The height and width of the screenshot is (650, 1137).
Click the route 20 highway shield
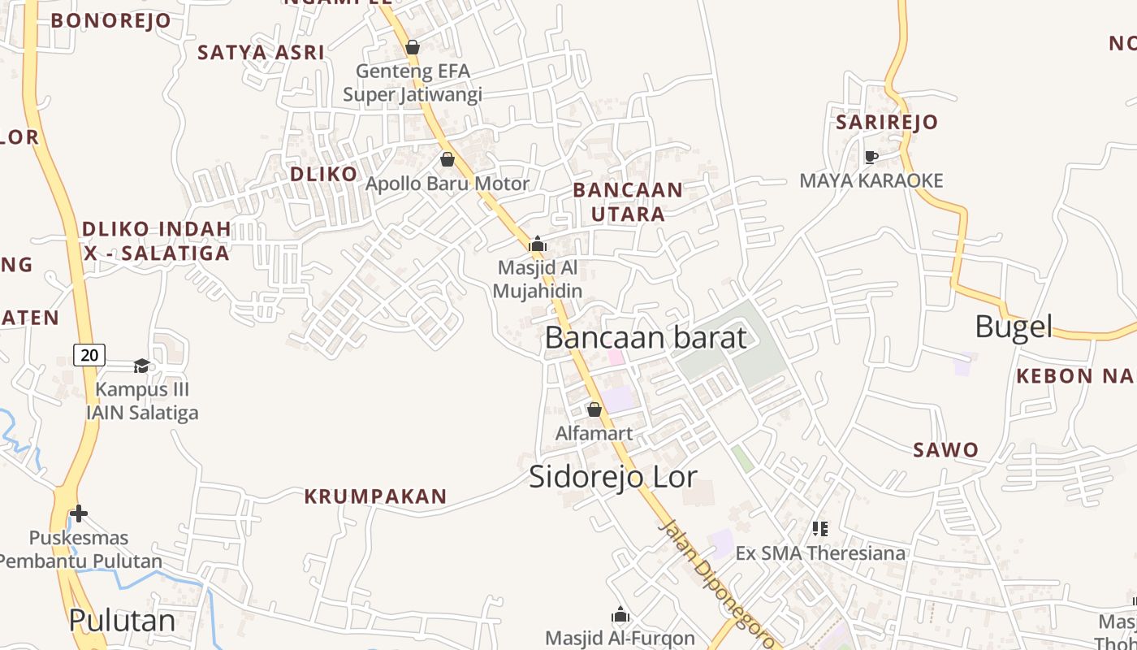tap(89, 355)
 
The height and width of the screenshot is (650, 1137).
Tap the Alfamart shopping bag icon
tap(594, 409)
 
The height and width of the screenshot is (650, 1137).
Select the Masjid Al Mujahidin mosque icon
tap(537, 244)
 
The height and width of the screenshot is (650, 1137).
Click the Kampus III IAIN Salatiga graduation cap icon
tap(142, 366)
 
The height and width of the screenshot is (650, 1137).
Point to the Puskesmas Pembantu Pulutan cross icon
tap(79, 513)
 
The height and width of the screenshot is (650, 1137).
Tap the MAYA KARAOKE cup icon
tap(871, 157)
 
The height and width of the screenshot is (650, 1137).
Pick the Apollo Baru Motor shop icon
tap(447, 159)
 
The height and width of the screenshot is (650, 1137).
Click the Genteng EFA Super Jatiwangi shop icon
tap(413, 47)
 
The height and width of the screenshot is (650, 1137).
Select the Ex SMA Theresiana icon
tap(820, 529)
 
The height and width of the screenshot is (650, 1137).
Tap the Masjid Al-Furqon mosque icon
tap(620, 614)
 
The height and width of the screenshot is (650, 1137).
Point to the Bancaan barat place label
tap(645, 337)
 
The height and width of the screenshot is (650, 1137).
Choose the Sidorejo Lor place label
tap(613, 477)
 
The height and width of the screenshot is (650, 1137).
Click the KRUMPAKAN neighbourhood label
tap(375, 496)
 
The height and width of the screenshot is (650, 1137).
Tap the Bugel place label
tap(1013, 327)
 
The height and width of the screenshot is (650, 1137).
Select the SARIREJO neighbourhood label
tap(887, 123)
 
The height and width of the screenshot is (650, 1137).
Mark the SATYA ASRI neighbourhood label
tap(262, 53)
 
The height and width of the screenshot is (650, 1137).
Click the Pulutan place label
tap(122, 621)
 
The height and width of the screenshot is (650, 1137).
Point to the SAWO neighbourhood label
tap(945, 450)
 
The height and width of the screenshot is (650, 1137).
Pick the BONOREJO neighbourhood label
tap(111, 21)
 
